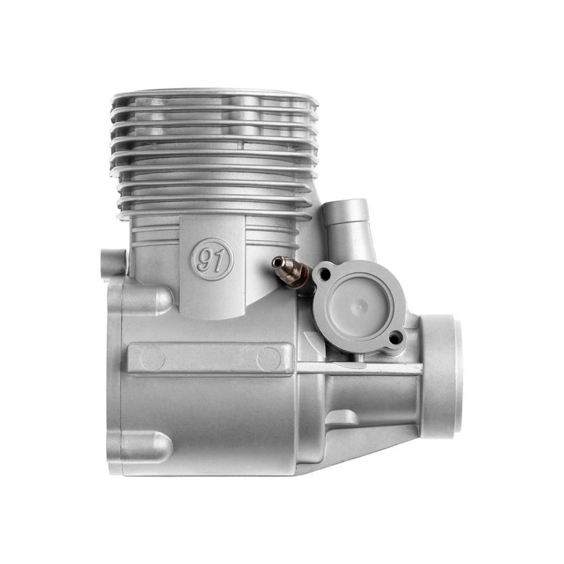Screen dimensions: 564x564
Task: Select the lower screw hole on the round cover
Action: (x=396, y=338)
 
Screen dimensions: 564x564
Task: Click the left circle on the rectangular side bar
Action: (x=153, y=359)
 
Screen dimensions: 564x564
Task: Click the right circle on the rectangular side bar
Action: (x=269, y=359)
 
